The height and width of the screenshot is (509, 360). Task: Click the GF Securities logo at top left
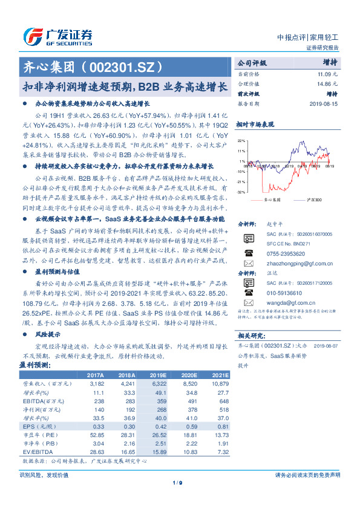(x=58, y=37)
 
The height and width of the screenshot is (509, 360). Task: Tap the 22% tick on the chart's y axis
(x=241, y=140)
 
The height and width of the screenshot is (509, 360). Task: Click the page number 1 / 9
(x=178, y=499)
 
